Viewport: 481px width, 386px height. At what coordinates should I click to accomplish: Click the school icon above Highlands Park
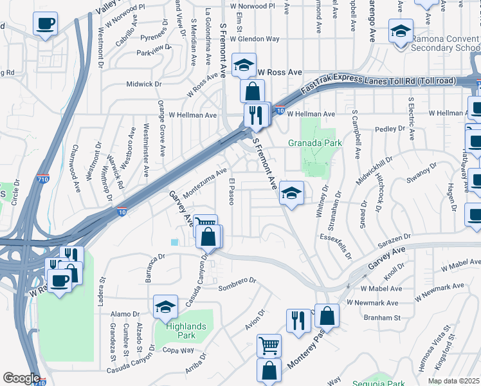click(x=165, y=308)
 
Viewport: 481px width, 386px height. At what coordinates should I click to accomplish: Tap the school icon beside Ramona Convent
click(x=400, y=30)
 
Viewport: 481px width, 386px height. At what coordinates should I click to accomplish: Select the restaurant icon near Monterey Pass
click(x=298, y=321)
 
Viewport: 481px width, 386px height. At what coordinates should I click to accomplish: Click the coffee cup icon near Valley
click(x=45, y=24)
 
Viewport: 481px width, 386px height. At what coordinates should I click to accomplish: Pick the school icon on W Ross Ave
click(x=244, y=66)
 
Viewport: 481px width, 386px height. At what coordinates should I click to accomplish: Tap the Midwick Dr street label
click(x=143, y=84)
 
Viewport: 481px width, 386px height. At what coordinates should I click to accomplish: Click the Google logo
click(x=21, y=378)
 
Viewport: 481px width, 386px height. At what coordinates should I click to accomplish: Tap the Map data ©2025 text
click(x=453, y=381)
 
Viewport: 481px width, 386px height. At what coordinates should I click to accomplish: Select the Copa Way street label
click(x=178, y=350)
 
